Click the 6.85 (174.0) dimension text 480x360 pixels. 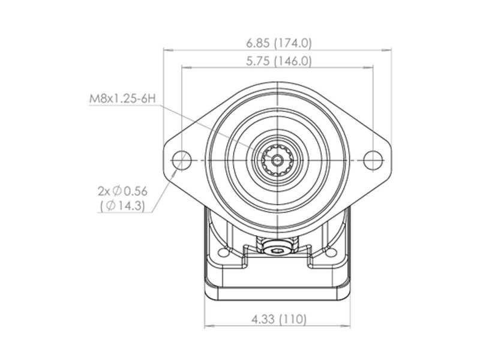point(278,43)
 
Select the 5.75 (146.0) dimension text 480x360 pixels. point(278,61)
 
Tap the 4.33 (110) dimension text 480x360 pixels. point(278,319)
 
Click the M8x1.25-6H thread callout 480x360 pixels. point(122,98)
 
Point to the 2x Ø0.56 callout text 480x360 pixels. point(122,191)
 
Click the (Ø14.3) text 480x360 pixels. point(122,205)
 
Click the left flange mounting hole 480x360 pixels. point(182,160)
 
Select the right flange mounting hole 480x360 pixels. point(373,160)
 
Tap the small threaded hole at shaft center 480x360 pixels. point(278,160)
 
